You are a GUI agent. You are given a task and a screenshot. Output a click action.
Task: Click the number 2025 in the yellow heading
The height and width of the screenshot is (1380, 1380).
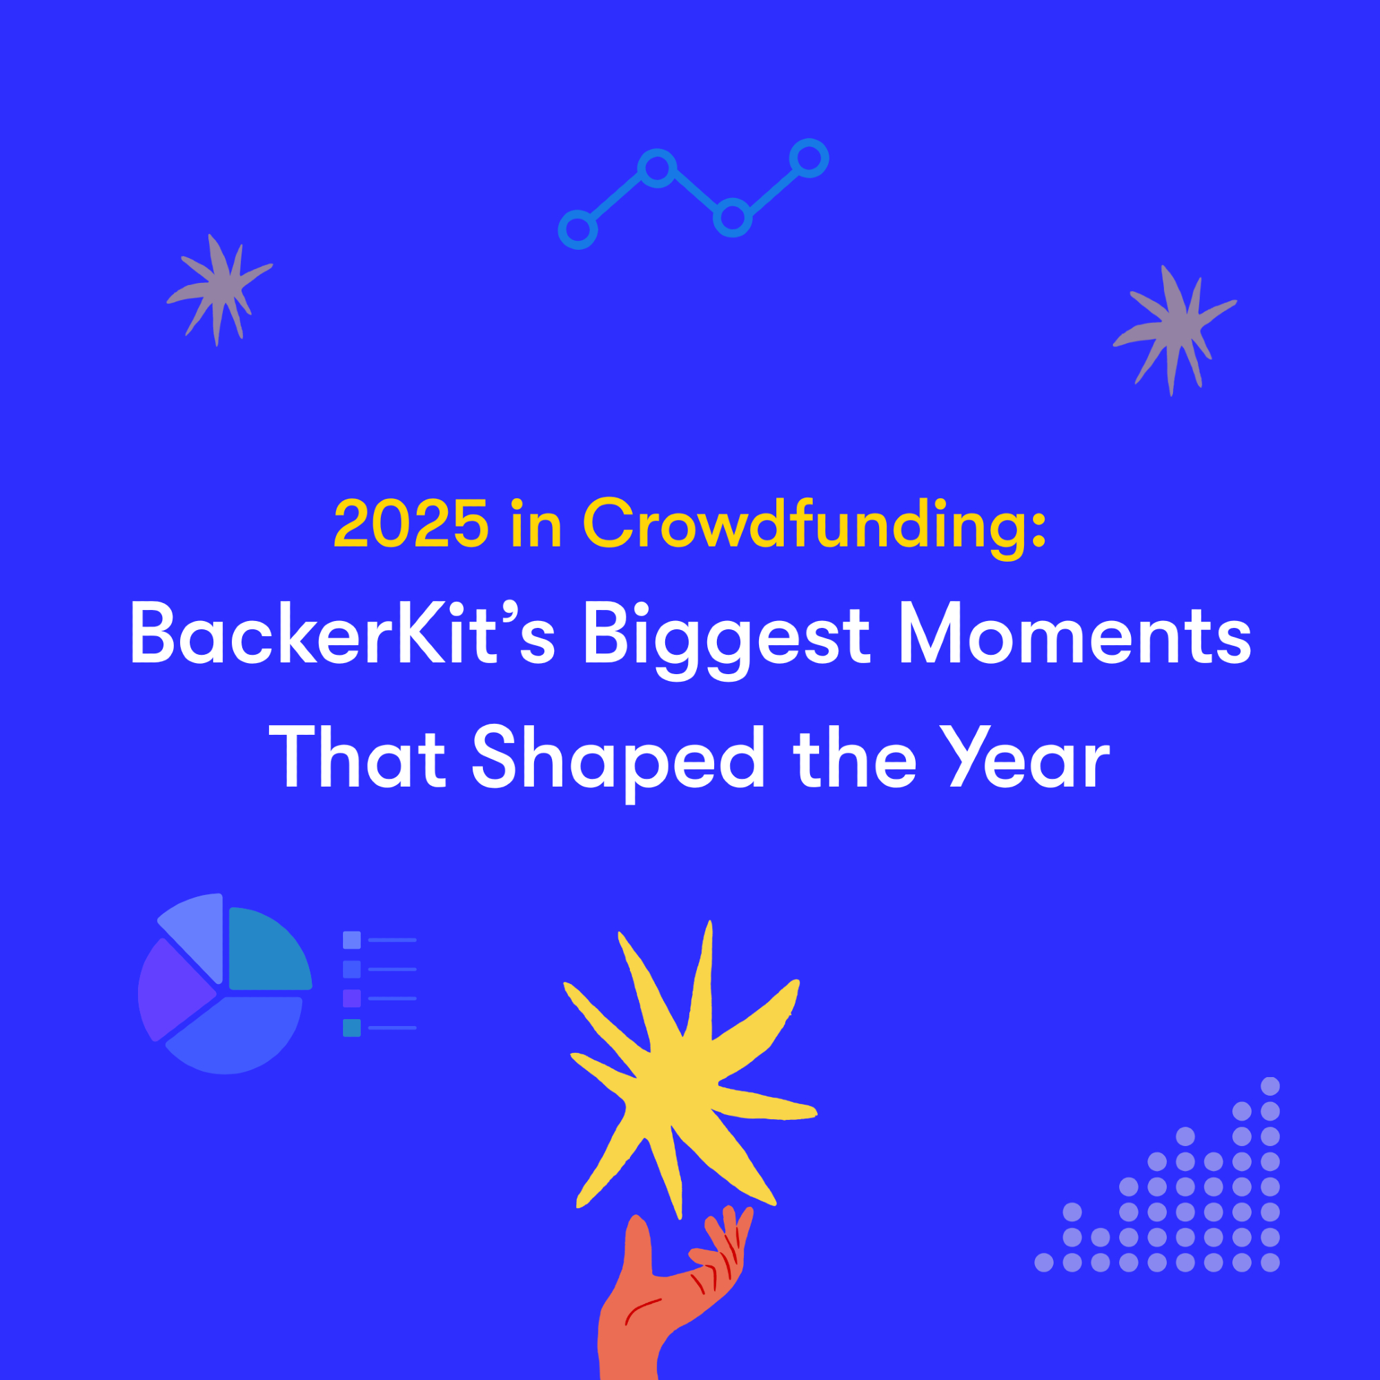point(411,523)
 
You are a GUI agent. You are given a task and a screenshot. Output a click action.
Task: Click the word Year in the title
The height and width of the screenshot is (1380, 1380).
point(1029,757)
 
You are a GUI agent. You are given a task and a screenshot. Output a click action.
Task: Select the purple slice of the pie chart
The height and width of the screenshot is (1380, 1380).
point(171,990)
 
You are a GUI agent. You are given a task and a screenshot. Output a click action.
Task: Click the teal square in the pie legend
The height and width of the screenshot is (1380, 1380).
point(351,1028)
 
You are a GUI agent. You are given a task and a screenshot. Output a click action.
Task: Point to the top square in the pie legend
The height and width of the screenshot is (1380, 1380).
point(351,940)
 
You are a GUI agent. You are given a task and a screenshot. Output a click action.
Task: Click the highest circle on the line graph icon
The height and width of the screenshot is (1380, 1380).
point(809,158)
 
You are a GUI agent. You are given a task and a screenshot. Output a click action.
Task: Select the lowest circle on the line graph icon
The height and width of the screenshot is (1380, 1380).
point(577,230)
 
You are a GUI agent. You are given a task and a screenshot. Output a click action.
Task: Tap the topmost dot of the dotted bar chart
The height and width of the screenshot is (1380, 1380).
point(1270,1087)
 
